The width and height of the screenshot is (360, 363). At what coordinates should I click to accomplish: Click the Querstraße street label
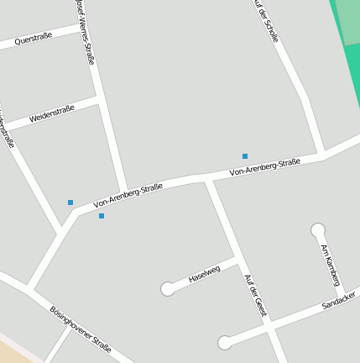[34, 38]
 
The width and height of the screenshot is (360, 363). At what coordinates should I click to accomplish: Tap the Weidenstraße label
[52, 113]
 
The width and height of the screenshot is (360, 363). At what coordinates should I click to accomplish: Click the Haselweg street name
[204, 273]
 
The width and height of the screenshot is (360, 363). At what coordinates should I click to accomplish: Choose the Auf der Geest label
[255, 295]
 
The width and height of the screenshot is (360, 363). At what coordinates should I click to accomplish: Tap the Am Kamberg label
[330, 265]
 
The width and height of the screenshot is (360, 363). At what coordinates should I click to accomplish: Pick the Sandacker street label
[339, 300]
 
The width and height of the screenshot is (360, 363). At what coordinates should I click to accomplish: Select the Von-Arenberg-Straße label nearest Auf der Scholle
[265, 167]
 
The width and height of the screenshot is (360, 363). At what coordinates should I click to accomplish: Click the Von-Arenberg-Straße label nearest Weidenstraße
[128, 196]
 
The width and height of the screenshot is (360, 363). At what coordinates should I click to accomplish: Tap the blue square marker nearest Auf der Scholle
[245, 156]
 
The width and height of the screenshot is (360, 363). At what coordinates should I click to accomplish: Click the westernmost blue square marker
[70, 203]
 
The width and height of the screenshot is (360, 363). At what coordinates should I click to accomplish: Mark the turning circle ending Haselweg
[168, 289]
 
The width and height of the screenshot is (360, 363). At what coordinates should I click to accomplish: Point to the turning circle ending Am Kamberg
[318, 230]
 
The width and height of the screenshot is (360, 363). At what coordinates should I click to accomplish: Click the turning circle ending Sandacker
[225, 342]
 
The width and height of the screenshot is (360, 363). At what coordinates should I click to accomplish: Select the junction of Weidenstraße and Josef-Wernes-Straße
[100, 100]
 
